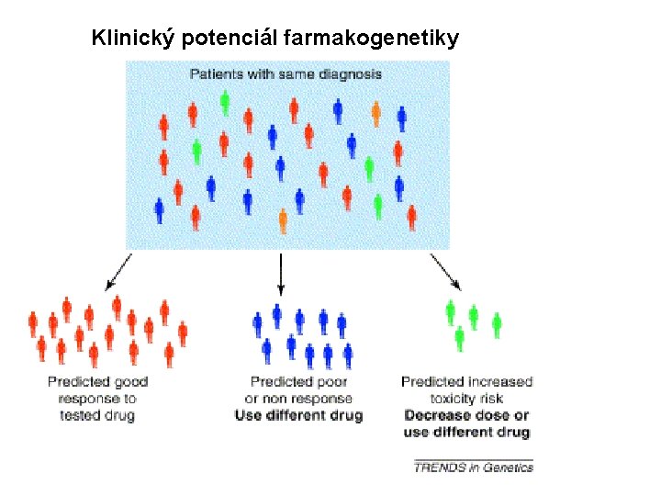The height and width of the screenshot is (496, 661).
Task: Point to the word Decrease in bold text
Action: point(435,415)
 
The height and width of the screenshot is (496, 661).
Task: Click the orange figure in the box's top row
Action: point(375,114)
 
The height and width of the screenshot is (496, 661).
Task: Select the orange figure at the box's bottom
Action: point(283,221)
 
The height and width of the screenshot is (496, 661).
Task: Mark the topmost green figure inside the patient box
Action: point(225,102)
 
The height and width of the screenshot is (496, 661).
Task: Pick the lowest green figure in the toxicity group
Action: point(460,339)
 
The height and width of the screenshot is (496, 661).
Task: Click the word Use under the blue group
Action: point(248,415)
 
